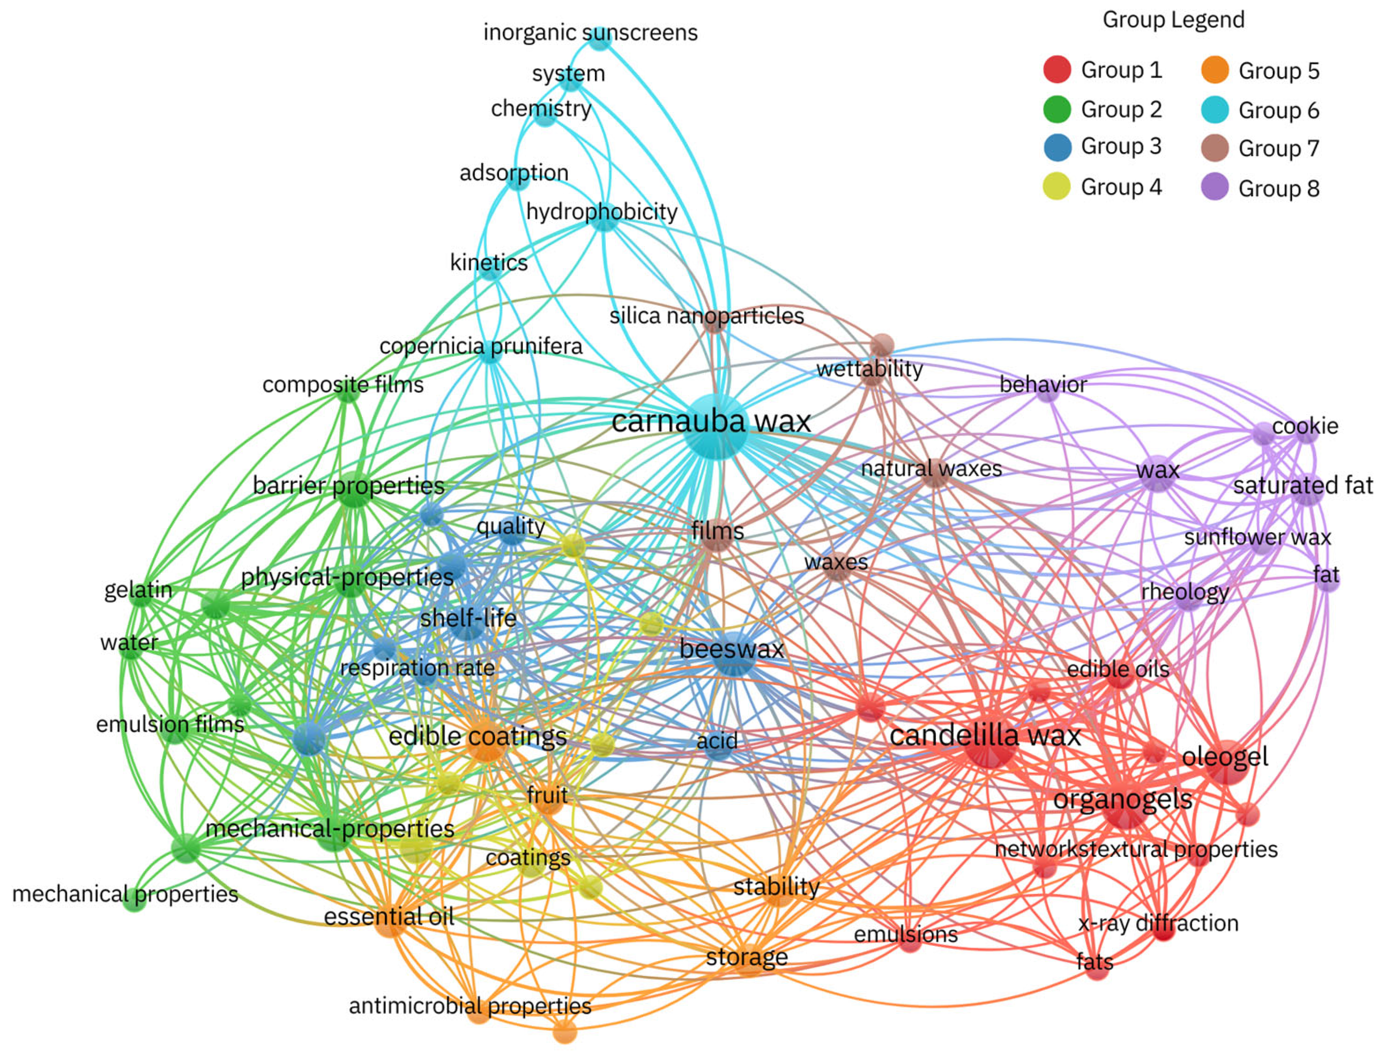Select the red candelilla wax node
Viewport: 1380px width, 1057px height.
click(989, 742)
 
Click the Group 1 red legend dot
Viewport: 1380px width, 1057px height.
click(1057, 69)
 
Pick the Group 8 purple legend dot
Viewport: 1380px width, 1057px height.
click(1214, 187)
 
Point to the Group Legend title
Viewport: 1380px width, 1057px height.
click(1173, 19)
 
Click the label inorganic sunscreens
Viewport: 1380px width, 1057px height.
click(590, 32)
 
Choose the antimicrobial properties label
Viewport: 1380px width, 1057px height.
click(470, 1006)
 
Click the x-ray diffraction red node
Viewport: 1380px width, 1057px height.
click(1163, 930)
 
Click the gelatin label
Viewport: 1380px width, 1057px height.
click(138, 590)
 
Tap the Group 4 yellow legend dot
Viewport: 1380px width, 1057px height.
click(1057, 187)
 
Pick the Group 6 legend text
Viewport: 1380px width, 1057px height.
click(1278, 110)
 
